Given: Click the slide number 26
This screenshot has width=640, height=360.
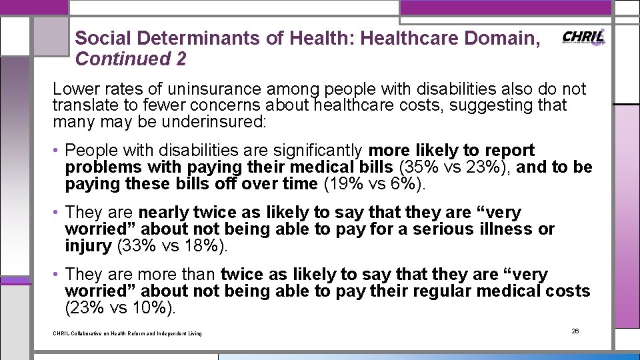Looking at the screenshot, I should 575,331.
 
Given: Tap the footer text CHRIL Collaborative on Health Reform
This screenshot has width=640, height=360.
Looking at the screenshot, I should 127,333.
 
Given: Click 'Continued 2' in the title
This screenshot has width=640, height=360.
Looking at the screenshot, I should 131,59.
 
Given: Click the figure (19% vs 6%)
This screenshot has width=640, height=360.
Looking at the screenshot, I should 373,183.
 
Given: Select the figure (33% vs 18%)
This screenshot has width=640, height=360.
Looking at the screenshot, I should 172,245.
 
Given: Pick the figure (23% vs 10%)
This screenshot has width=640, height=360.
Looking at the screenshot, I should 121,307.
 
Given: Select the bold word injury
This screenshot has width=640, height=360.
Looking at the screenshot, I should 88,245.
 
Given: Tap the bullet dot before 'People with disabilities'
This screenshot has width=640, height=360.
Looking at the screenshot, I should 58,151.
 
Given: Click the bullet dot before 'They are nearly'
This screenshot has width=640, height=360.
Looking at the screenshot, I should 58,213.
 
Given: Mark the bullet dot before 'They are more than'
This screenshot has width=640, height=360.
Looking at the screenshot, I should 58,275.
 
